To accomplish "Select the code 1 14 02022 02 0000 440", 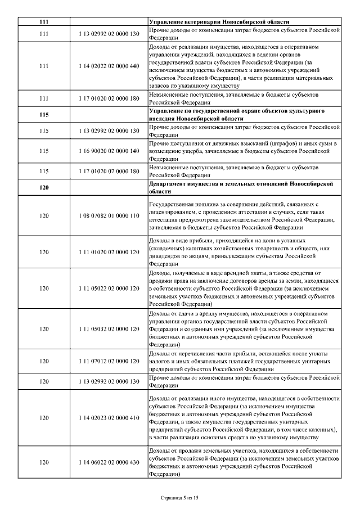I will (106, 66).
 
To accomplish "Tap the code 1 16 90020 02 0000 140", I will (106, 151).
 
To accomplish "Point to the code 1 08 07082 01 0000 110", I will (106, 215).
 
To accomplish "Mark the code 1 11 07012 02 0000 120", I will (106, 361).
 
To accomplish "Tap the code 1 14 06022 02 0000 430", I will (106, 462).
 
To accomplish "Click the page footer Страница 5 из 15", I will (180, 498).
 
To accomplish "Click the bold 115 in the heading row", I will (44, 115).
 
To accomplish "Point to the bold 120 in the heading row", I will (44, 187).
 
